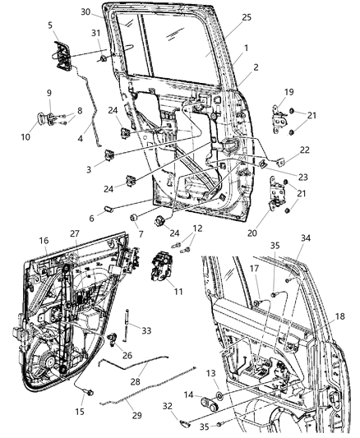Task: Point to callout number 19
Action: [x=288, y=92]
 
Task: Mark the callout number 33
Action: [x=146, y=330]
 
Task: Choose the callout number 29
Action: [x=136, y=415]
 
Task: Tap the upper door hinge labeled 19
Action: [x=283, y=113]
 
